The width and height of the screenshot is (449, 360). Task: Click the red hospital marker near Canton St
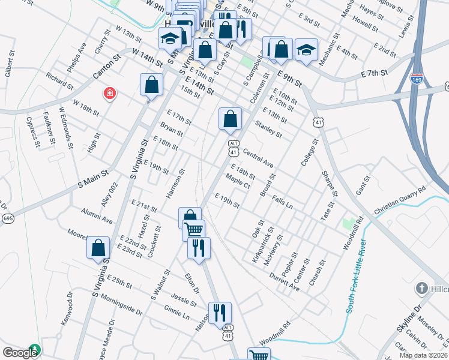(110, 93)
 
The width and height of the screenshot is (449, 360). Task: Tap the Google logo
(20, 353)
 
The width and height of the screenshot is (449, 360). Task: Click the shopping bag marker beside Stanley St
(230, 119)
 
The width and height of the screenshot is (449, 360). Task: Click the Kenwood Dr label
(67, 310)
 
